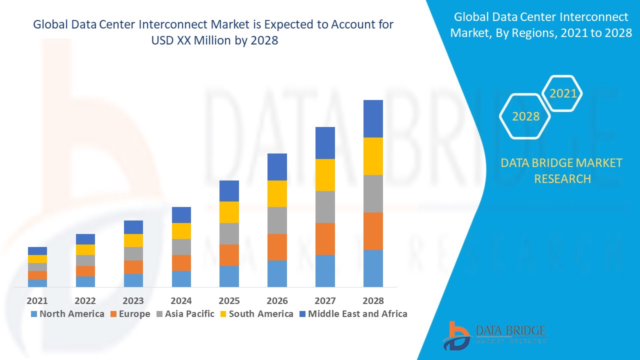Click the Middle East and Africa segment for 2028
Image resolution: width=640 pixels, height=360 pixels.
pyautogui.click(x=373, y=118)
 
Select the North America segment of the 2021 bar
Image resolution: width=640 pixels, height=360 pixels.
pyautogui.click(x=37, y=283)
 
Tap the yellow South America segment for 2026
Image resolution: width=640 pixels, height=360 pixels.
pyautogui.click(x=277, y=193)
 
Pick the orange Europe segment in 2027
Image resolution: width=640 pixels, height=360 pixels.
pyautogui.click(x=325, y=239)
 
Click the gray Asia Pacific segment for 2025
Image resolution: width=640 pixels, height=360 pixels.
pyautogui.click(x=229, y=233)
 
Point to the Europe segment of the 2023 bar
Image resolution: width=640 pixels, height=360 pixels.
pyautogui.click(x=133, y=267)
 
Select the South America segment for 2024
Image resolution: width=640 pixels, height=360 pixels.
pyautogui.click(x=181, y=231)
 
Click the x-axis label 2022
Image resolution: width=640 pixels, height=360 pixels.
pyautogui.click(x=85, y=301)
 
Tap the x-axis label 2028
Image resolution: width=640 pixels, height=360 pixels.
pyautogui.click(x=373, y=301)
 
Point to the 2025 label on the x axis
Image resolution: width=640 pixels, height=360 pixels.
pyautogui.click(x=229, y=301)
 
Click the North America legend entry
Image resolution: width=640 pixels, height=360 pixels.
pyautogui.click(x=67, y=314)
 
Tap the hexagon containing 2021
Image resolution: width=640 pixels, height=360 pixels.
pyautogui.click(x=563, y=93)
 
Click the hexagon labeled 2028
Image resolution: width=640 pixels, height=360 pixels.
pyautogui.click(x=525, y=116)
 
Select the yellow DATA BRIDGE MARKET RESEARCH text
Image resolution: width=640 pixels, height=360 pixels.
pyautogui.click(x=561, y=170)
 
